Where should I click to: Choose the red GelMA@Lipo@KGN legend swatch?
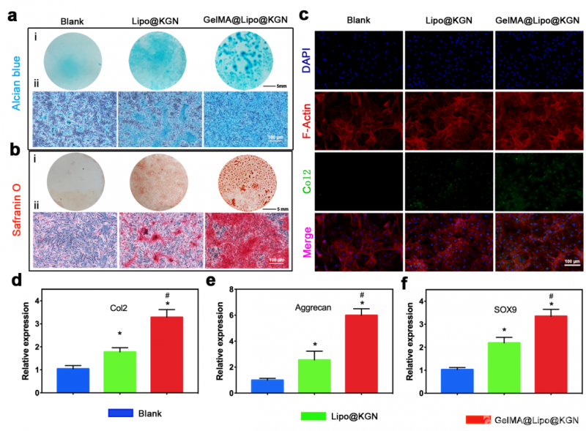[477, 420]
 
